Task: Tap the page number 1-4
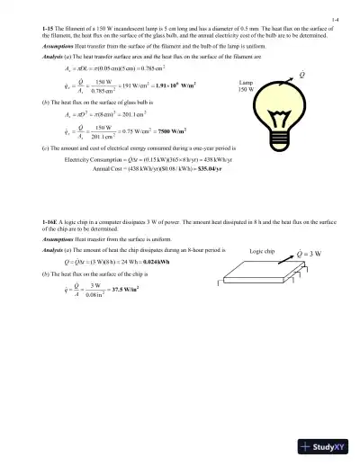(335, 18)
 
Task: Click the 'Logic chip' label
(263, 251)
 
